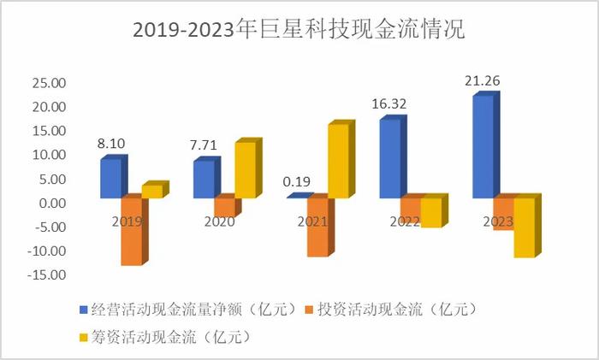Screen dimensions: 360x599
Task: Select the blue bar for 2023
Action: pos(484,145)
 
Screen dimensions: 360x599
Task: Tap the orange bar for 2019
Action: pos(132,231)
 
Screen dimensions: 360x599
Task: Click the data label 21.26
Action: pos(482,82)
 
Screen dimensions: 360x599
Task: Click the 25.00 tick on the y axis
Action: pos(48,84)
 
